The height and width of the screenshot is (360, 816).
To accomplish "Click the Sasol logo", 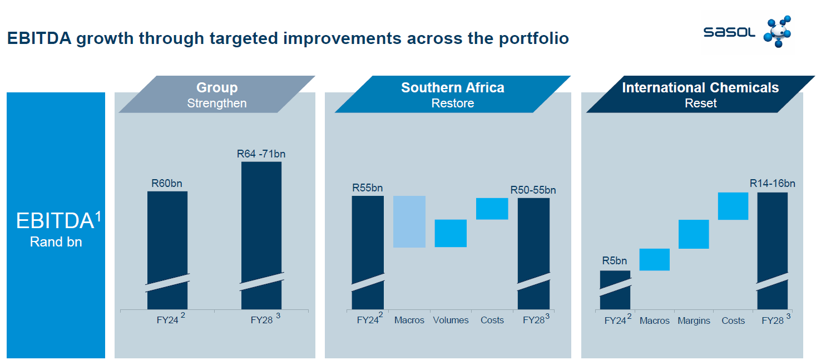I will tap(748, 32).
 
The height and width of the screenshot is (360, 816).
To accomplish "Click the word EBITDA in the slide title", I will tap(39, 39).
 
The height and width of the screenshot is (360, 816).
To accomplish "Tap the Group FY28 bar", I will tap(261, 228).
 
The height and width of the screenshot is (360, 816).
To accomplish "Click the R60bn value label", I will tap(167, 183).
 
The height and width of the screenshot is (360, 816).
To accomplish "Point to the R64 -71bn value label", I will tap(261, 154).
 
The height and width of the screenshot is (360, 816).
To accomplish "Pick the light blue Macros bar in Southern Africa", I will tap(409, 221).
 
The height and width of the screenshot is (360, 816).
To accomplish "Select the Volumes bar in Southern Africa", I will tap(450, 233).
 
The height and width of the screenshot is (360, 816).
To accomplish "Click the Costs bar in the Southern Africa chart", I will tap(492, 209).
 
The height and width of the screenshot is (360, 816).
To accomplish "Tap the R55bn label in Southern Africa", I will tap(367, 188).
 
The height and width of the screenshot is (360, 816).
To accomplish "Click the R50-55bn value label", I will tap(533, 190).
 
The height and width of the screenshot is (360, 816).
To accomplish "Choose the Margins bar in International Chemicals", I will tap(693, 234).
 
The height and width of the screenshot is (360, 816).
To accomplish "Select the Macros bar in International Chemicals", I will tap(654, 259).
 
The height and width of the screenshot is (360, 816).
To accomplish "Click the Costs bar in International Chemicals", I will tap(733, 206).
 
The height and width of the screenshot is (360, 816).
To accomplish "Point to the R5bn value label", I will tap(614, 261).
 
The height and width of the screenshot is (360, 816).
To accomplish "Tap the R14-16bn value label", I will tap(772, 184).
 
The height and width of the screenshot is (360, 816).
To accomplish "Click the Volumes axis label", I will tap(451, 320).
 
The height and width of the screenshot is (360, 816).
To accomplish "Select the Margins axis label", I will tap(694, 321).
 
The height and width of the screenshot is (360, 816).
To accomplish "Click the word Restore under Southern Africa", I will tap(452, 103).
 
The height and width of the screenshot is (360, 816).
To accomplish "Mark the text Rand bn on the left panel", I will tap(56, 243).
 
